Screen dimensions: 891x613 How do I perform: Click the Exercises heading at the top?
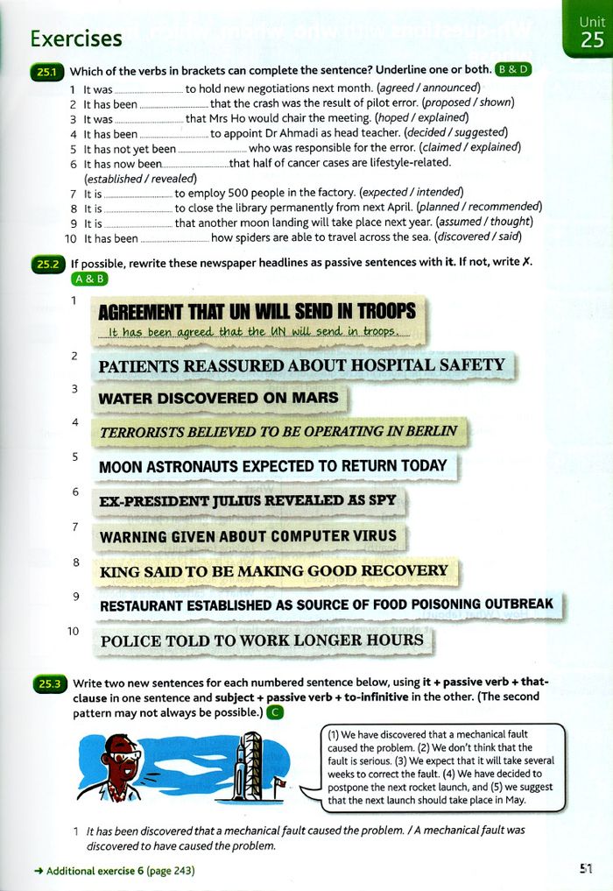tap(75, 39)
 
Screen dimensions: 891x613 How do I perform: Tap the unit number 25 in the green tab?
tap(592, 39)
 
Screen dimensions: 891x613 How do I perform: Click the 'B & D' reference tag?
tap(512, 69)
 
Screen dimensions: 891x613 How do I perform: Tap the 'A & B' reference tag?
tap(90, 279)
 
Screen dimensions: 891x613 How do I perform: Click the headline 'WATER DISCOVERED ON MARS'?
tap(218, 398)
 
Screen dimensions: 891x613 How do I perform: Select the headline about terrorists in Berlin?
tap(278, 431)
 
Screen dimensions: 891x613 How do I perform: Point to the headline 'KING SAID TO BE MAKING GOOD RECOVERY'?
tap(274, 571)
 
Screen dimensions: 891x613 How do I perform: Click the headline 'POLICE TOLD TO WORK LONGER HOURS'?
tap(262, 640)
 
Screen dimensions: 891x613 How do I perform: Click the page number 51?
tap(586, 869)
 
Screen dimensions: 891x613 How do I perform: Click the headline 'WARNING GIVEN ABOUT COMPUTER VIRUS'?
tap(249, 536)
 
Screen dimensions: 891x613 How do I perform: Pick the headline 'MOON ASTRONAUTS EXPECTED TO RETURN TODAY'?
tap(273, 466)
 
